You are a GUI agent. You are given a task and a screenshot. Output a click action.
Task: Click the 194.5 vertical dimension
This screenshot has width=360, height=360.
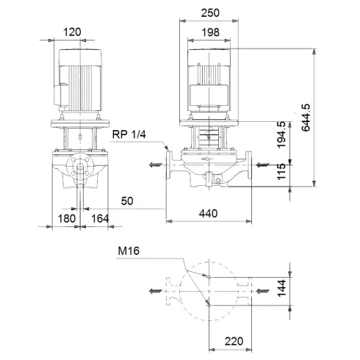tap(281, 134)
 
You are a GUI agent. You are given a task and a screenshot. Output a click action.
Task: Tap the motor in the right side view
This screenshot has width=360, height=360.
tap(211, 81)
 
